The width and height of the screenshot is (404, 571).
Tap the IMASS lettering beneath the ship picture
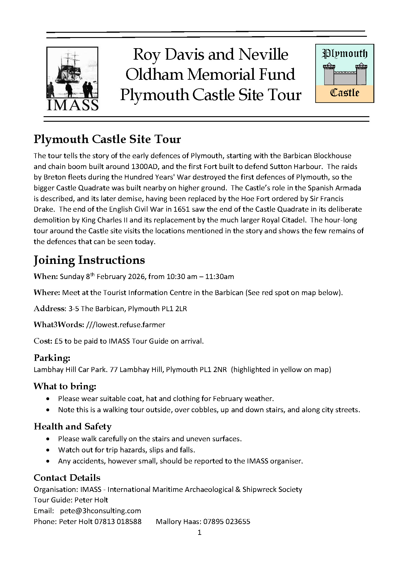(x=72, y=105)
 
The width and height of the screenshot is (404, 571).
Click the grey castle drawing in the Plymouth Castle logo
(x=345, y=74)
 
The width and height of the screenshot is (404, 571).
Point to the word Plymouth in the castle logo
(x=345, y=54)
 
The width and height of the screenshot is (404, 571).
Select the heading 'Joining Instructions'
(x=89, y=260)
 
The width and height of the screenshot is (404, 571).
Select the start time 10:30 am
(x=181, y=276)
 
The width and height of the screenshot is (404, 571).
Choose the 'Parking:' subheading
(x=52, y=358)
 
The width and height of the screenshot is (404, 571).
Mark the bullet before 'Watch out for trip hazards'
(x=48, y=450)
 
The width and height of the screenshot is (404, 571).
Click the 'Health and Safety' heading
(x=72, y=426)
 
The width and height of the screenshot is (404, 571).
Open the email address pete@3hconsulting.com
(x=100, y=511)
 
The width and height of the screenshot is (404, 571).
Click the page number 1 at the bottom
(x=199, y=532)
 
